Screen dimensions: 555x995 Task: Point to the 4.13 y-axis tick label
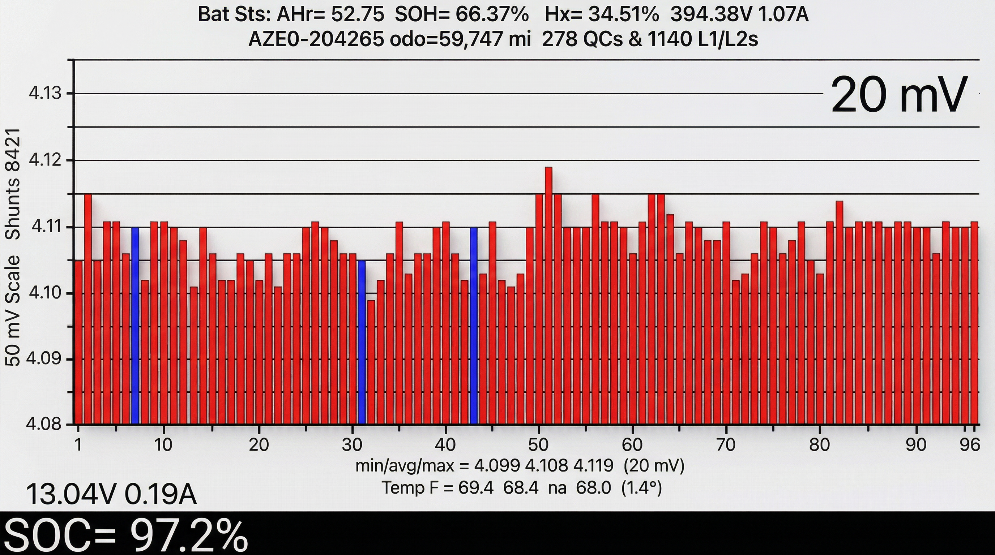[45, 93]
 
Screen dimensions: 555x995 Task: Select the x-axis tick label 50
[538, 445]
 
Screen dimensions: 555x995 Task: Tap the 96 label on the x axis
[969, 445]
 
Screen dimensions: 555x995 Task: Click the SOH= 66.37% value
[462, 15]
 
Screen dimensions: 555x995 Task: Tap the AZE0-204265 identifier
[316, 39]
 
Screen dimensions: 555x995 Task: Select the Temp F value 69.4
[476, 488]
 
